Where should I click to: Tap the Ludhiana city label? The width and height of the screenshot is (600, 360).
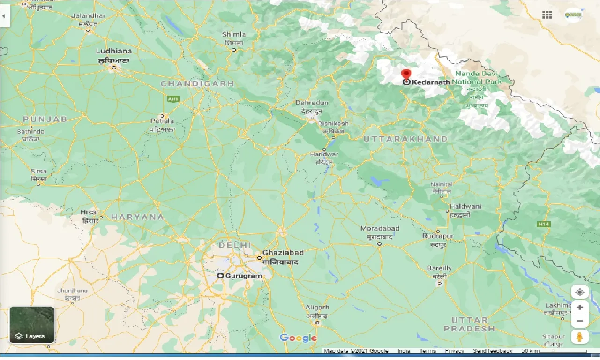tap(113, 51)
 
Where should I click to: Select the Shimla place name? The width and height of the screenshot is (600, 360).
tap(234, 34)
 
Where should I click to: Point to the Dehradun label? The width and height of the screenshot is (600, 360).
tap(312, 103)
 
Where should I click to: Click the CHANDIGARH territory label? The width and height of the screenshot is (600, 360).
tap(197, 83)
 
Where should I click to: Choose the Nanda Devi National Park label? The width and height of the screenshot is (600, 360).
tap(478, 78)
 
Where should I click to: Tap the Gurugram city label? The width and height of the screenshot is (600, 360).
tap(243, 276)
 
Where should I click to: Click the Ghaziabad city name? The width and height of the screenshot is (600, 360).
tap(283, 253)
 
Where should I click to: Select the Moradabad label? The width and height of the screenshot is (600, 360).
tap(380, 229)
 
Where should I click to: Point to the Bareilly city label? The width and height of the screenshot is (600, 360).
tap(439, 269)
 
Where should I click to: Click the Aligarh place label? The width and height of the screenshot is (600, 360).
tap(317, 307)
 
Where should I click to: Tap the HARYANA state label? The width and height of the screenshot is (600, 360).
tap(137, 217)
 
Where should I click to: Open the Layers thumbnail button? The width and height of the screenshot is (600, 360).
tap(32, 324)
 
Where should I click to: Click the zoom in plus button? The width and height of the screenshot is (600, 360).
tap(580, 307)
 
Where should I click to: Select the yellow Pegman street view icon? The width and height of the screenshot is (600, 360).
tap(580, 337)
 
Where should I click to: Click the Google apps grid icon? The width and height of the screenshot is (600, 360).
tap(547, 15)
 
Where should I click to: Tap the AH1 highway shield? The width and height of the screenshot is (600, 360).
tap(173, 99)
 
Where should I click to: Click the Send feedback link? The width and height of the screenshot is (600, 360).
tap(493, 351)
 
